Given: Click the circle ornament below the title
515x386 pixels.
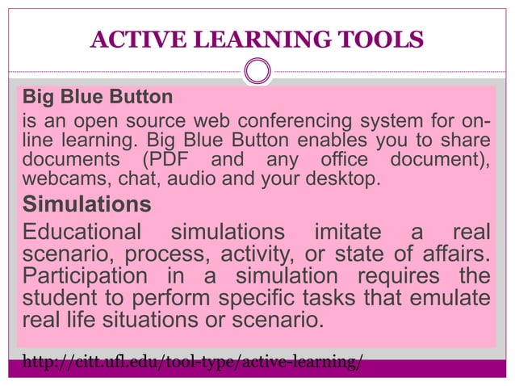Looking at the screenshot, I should click(x=257, y=72).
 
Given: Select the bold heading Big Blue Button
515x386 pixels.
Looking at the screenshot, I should click(x=98, y=98).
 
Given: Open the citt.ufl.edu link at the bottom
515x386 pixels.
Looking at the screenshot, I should click(x=193, y=361).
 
